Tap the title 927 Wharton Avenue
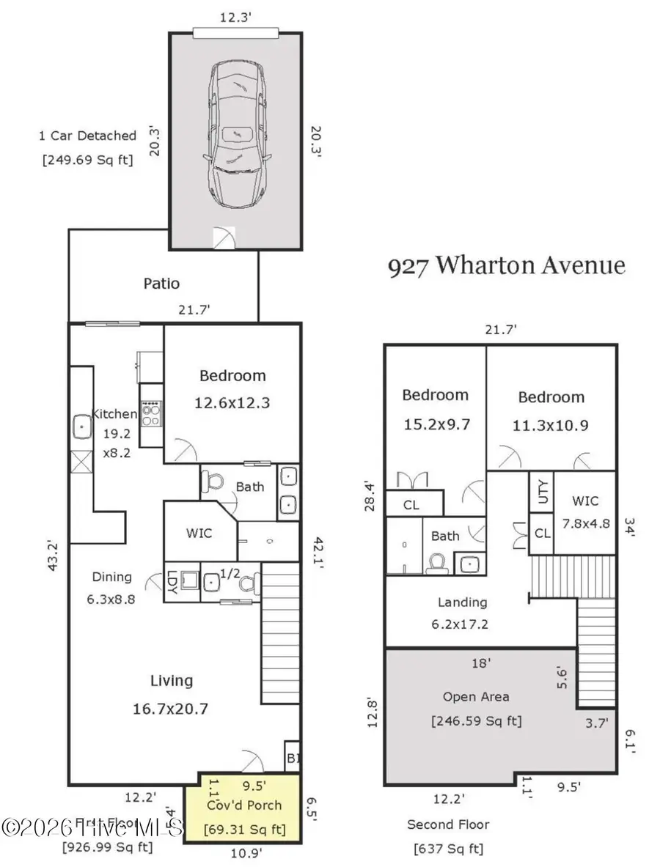(x=506, y=265)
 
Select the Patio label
(x=161, y=284)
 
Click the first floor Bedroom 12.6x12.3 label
(x=232, y=388)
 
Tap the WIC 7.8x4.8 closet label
(x=585, y=512)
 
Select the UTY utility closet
(x=542, y=492)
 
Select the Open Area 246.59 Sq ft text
(x=476, y=709)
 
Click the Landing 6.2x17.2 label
(x=462, y=613)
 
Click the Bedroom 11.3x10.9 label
(x=551, y=410)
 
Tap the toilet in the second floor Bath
(x=439, y=563)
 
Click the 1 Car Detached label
(x=87, y=147)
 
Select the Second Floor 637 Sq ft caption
(x=449, y=836)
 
